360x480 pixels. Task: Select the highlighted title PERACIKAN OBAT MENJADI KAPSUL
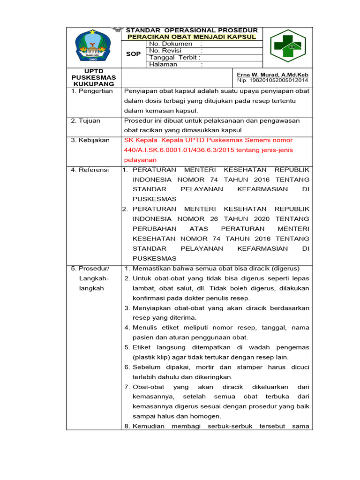(x=192, y=37)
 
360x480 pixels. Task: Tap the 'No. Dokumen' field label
(x=171, y=44)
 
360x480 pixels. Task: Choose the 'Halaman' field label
(x=163, y=64)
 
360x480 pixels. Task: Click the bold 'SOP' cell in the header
(x=134, y=54)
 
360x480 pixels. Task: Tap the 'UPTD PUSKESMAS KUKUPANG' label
(x=94, y=77)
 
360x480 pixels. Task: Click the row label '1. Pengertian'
(x=92, y=91)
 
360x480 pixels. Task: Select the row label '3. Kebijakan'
(x=90, y=140)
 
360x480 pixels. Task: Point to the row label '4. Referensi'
(x=90, y=170)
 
